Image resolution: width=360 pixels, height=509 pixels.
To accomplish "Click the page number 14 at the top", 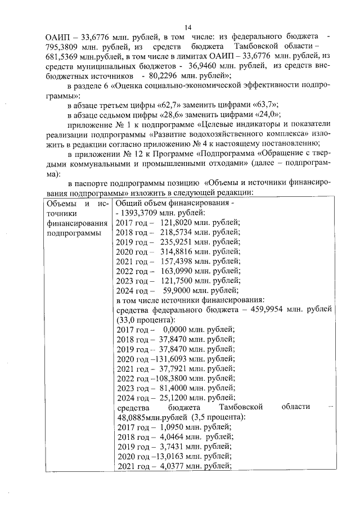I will (188, 27).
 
